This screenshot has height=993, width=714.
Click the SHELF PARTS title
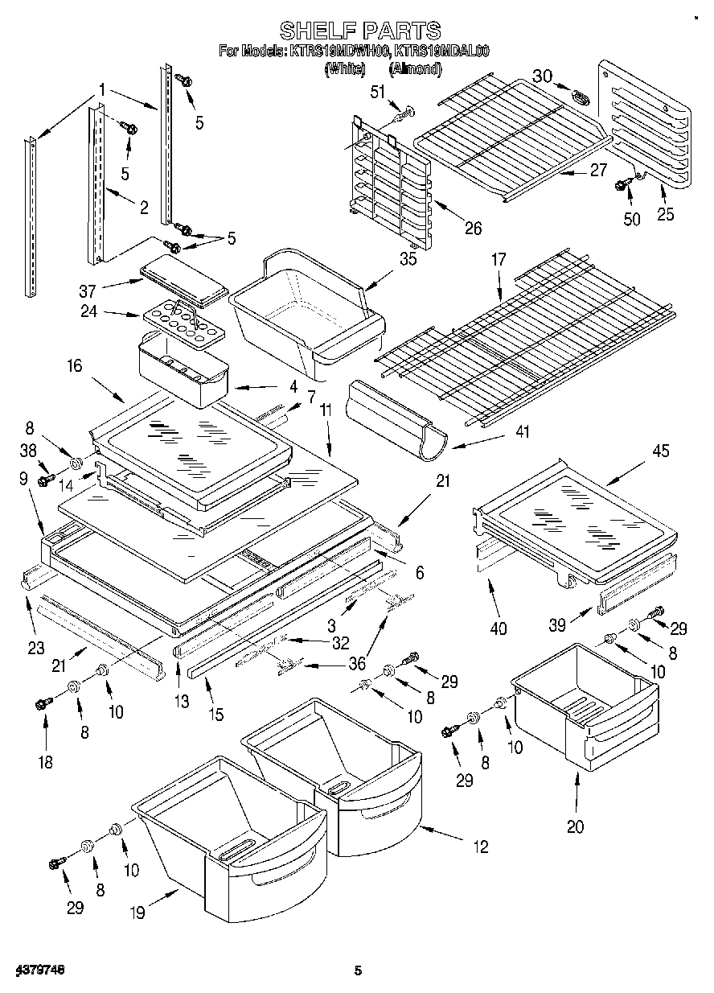pos(359,31)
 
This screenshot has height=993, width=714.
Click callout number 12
pos(480,847)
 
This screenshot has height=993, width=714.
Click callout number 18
pos(45,761)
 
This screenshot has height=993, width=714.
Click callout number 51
pos(377,93)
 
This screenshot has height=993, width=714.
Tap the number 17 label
pos(499,261)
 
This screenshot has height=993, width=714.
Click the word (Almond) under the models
pos(415,69)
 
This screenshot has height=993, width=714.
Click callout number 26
pos(472,229)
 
